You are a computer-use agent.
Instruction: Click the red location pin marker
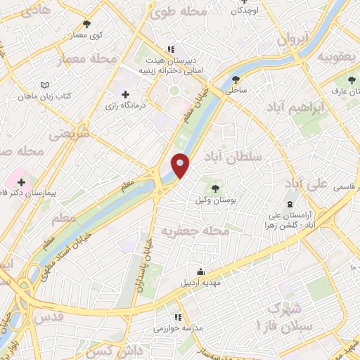click(x=181, y=166)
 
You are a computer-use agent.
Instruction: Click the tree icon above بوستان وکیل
click(x=214, y=188)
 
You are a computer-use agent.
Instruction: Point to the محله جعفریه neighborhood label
click(x=195, y=230)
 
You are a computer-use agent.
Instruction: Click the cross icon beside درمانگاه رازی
click(x=126, y=94)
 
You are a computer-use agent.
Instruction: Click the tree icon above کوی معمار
click(x=87, y=23)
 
